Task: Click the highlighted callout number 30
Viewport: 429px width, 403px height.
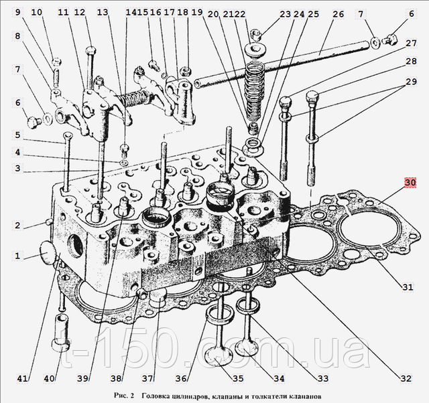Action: [x=410, y=182]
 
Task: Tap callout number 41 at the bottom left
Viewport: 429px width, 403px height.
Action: [x=23, y=379]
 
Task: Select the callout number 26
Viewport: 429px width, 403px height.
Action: [x=337, y=13]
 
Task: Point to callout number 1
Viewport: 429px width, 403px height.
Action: [x=18, y=255]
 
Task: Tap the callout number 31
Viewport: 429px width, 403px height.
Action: [x=408, y=287]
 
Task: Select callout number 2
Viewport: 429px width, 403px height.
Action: [x=18, y=225]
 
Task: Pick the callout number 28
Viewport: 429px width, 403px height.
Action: [x=410, y=62]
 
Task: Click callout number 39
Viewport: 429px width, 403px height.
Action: [x=83, y=379]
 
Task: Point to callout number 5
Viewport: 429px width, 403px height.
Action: [x=19, y=134]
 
